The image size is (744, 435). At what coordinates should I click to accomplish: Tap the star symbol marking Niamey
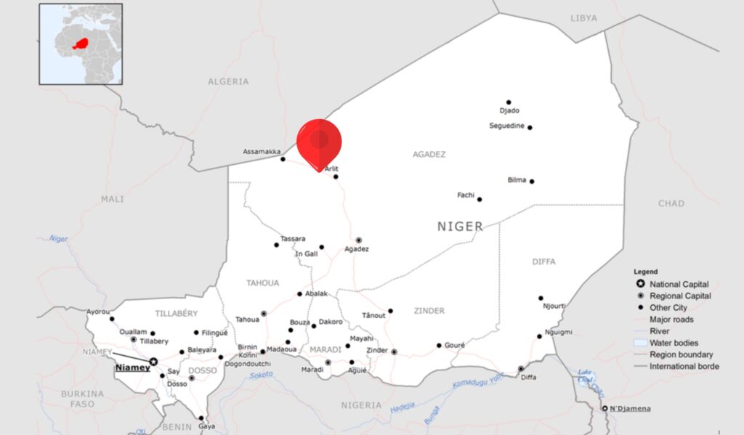[153, 361]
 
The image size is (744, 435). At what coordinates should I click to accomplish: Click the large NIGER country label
[460, 227]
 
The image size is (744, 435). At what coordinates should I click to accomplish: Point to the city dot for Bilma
[532, 181]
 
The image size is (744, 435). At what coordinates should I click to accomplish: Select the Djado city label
[509, 110]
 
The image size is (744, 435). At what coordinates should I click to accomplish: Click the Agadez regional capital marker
[358, 240]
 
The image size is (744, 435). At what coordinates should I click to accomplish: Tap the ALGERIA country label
[228, 82]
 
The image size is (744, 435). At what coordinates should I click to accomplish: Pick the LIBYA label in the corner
[583, 17]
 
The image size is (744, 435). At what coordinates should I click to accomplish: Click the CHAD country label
[671, 203]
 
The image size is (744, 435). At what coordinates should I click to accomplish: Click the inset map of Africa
[81, 44]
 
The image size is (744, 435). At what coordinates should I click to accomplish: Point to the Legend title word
[645, 272]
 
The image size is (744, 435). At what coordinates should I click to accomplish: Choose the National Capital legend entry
[679, 284]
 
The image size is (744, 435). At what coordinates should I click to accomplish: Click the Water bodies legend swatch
[640, 343]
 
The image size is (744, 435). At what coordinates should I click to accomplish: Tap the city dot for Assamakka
[283, 158]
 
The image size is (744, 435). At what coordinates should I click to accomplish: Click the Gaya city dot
[201, 418]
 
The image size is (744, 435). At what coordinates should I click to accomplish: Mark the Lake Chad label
[586, 378]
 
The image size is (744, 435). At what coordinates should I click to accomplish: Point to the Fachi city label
[466, 195]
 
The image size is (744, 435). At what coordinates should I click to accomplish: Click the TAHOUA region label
[262, 283]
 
